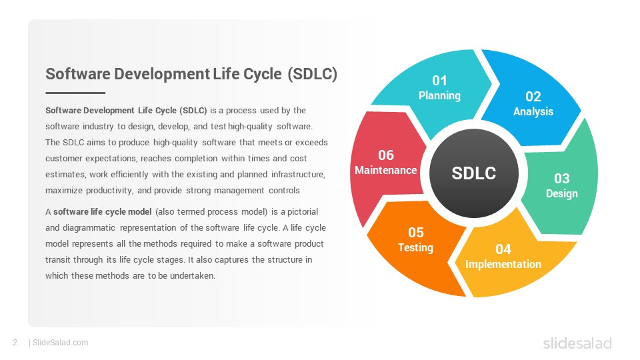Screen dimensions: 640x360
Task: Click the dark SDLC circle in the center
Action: [x=474, y=173]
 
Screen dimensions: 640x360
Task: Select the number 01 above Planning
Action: [x=439, y=81]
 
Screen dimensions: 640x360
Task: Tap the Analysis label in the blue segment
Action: [x=533, y=111]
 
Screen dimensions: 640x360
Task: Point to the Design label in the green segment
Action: [x=561, y=193]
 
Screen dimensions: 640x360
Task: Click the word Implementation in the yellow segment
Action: [x=503, y=264]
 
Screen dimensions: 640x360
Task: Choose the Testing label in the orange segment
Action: [x=415, y=247]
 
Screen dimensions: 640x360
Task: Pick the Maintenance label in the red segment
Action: [x=386, y=170]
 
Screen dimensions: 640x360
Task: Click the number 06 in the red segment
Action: [x=386, y=155]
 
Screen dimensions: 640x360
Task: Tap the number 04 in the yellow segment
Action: [x=503, y=249]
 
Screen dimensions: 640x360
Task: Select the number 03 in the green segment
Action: [x=561, y=179]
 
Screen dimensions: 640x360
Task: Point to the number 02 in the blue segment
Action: [x=533, y=96]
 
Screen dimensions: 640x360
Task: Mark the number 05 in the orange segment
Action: [x=416, y=232]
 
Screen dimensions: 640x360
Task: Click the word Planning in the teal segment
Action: [x=439, y=95]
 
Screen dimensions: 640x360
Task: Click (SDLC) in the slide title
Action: [x=312, y=74]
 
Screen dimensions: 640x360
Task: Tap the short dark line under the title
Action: [x=75, y=93]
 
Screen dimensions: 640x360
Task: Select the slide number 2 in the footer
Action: [x=15, y=343]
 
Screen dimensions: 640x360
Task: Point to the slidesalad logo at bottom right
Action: [x=577, y=343]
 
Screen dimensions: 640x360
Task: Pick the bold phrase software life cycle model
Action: [x=103, y=211]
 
